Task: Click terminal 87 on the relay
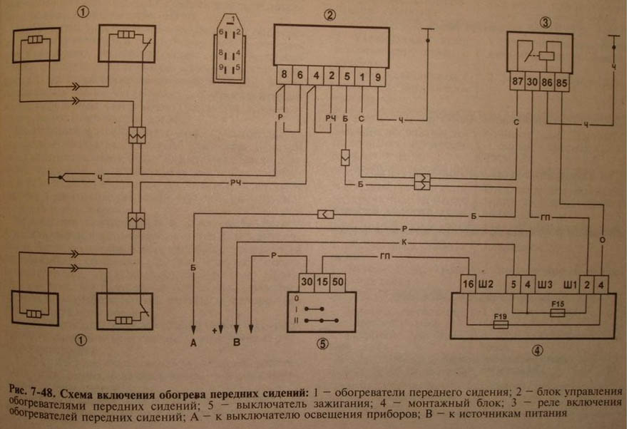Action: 518,82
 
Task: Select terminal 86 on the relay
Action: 548,82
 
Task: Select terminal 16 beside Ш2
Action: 468,284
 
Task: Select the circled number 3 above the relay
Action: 546,21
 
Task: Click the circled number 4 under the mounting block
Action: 536,351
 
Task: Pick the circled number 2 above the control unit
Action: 329,16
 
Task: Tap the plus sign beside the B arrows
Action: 213,331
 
